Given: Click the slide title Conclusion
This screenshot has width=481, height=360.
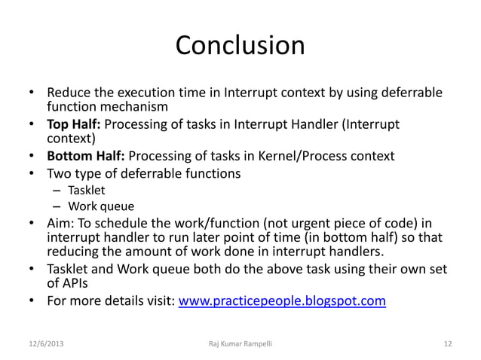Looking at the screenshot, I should [x=240, y=46].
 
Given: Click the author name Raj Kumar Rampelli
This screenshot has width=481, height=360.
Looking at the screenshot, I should [x=240, y=344].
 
